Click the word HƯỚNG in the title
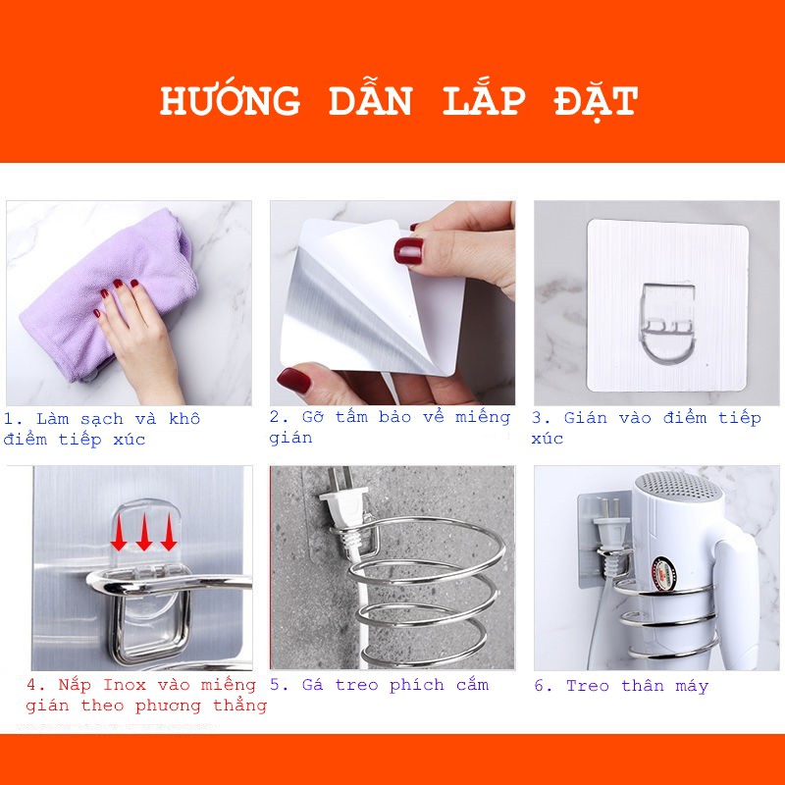point(230,100)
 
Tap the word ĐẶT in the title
point(596,102)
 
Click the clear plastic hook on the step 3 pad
point(667,323)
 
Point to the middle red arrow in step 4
point(144,532)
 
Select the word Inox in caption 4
point(125,684)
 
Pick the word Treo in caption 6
point(587,685)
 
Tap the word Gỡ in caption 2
point(313,416)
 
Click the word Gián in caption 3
point(585,418)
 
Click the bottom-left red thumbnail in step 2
point(293,380)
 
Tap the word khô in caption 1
point(184,418)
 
